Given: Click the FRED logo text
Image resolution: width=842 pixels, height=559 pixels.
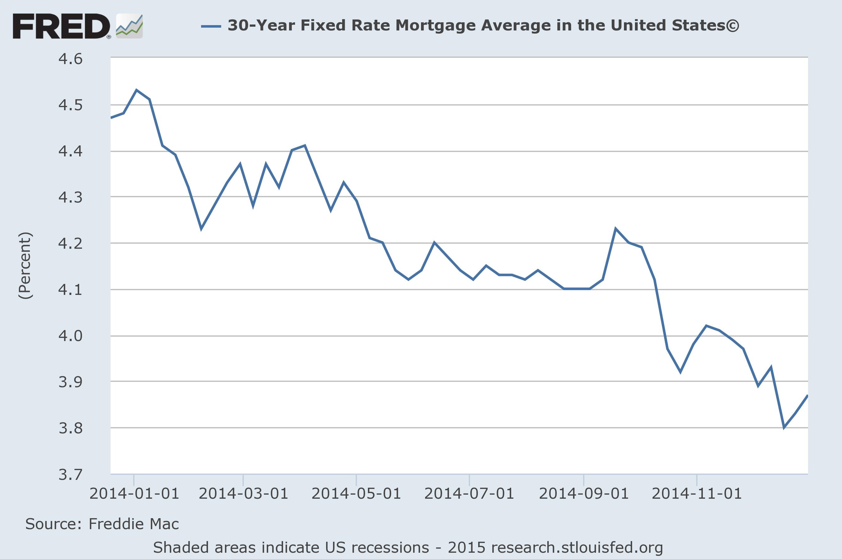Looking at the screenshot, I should [61, 26].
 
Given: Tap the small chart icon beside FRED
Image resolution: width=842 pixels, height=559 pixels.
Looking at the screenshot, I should [129, 26].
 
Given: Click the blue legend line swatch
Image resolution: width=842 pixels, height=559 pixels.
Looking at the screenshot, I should [211, 26].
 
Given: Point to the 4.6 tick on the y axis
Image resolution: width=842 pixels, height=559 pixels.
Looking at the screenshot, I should [70, 59].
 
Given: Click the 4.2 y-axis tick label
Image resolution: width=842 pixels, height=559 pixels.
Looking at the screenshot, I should [70, 243].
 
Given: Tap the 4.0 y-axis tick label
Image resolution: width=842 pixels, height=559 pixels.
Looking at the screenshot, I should [70, 336].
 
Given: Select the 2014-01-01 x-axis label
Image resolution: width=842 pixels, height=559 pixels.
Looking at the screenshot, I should [134, 494].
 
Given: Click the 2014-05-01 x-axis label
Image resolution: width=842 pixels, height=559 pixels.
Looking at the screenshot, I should [356, 494].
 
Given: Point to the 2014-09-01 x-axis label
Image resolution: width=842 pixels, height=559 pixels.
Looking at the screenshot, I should [583, 494].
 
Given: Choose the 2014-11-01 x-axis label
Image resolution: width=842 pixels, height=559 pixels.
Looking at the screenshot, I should [697, 494].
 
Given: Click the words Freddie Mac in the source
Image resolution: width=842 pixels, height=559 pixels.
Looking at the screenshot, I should [134, 524].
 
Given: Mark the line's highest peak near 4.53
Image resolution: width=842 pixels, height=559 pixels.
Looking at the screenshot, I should [136, 90].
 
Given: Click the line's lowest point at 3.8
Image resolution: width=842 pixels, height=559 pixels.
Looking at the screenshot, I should [784, 427].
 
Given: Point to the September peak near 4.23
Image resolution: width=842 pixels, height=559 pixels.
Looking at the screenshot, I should [615, 228].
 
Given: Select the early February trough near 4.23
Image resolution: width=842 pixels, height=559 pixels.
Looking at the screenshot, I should [201, 229].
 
